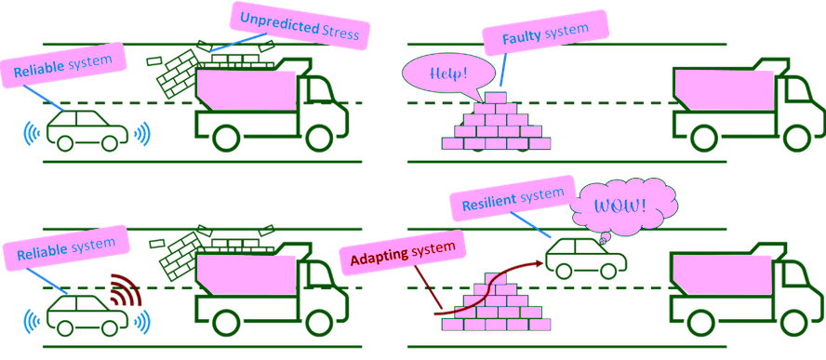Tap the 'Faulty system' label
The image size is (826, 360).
tap(545, 33)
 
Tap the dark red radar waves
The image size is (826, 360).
tap(127, 290)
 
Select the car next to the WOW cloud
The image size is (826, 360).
tap(586, 258)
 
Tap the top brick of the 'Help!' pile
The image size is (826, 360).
tap(495, 98)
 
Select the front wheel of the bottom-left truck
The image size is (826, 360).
tap(321, 323)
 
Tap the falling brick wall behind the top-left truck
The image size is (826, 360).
tap(177, 74)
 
